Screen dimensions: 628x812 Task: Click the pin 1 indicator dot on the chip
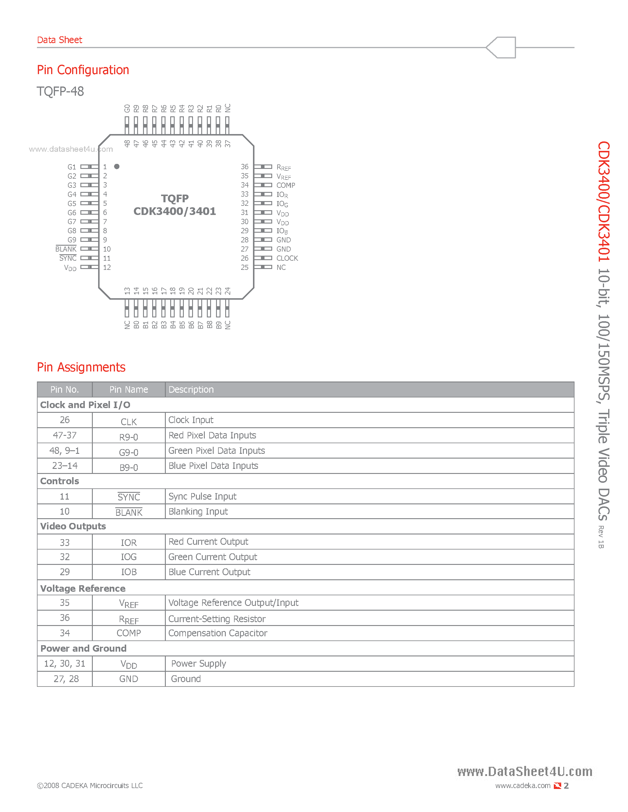coord(117,167)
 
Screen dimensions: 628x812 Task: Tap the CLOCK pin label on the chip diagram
coord(287,258)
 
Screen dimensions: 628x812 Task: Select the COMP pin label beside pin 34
coord(285,185)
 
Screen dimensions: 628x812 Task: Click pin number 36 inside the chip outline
coord(244,167)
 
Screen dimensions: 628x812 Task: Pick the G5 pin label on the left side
coord(72,203)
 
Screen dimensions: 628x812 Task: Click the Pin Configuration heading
coord(83,70)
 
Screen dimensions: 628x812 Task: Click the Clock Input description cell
coord(191,420)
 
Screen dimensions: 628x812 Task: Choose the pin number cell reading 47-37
coord(65,435)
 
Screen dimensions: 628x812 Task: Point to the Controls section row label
coord(59,481)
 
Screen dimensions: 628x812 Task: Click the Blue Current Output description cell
coord(209,572)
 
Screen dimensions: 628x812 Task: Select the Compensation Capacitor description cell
coord(218,633)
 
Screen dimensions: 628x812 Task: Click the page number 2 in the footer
coord(566,786)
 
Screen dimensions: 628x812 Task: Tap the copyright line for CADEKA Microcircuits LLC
coord(90,786)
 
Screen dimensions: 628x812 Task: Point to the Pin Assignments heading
coord(81,367)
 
